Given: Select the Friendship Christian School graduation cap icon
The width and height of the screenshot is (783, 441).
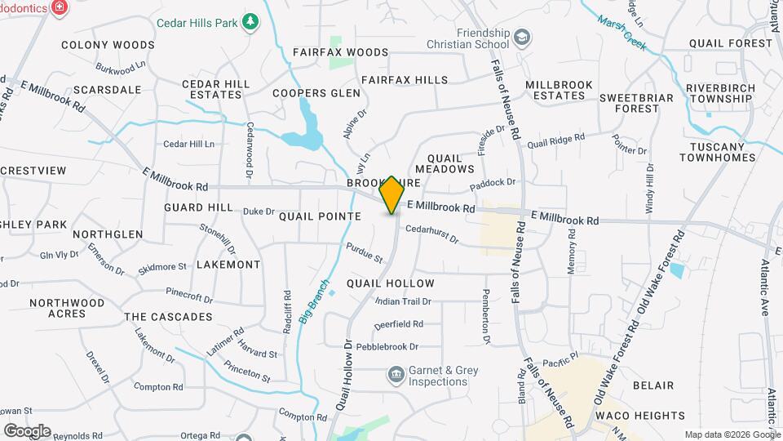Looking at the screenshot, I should coord(522,38).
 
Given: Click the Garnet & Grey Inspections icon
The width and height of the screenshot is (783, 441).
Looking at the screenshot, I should coord(396,375).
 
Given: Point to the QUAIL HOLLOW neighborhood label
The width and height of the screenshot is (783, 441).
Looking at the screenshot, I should coord(390,283).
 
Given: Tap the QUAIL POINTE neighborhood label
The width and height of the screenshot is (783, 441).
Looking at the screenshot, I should coord(320,216).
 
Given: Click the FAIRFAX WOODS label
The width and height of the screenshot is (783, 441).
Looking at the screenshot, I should coord(341,52).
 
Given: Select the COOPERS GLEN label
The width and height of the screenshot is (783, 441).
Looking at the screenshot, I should coord(316,93).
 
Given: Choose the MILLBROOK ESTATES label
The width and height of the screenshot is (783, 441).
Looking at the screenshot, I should coord(555,90).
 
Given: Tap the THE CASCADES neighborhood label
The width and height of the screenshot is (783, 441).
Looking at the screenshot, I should coord(168,317).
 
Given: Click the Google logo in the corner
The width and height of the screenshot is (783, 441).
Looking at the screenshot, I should coord(26,430).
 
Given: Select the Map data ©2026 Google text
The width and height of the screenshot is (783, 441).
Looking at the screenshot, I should coord(731,434).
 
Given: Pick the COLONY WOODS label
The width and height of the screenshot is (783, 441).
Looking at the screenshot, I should coord(108,45).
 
